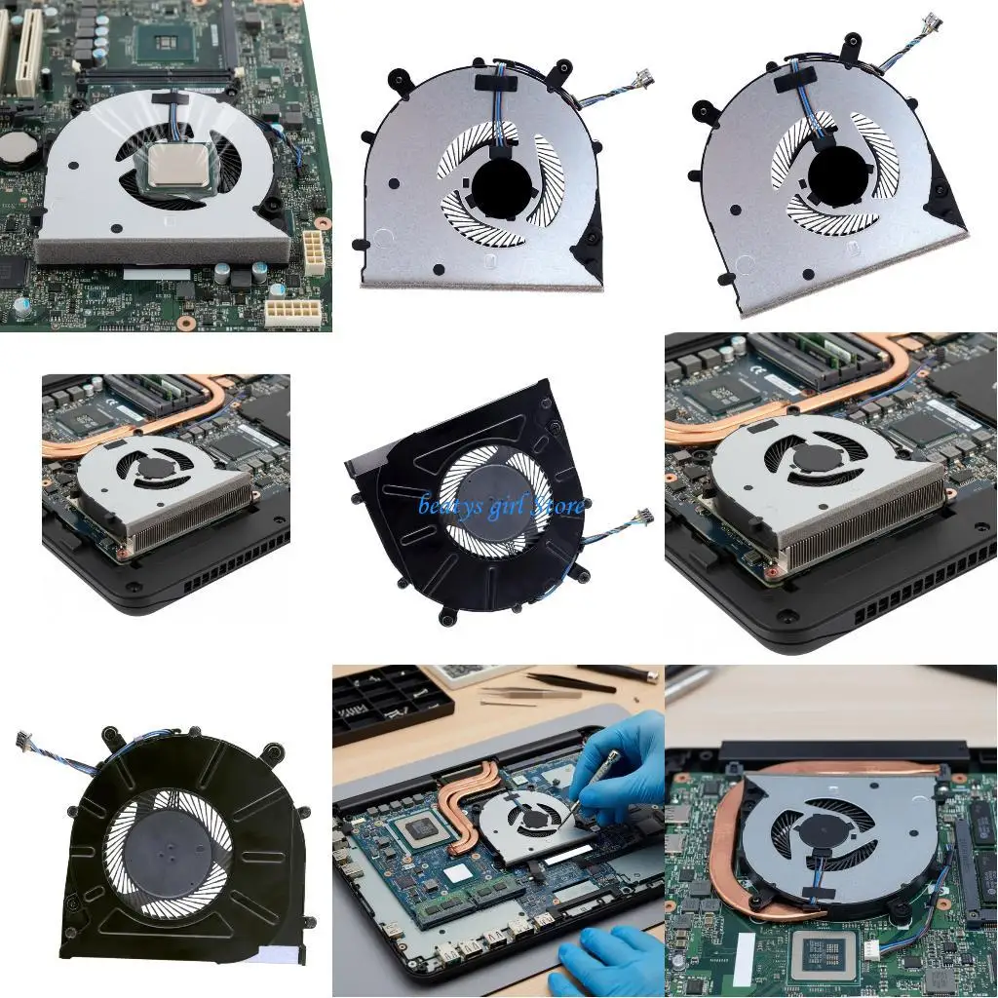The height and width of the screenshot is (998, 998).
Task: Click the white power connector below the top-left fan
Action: (x=314, y=251)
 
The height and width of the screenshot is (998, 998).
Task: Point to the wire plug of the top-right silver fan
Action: (x=931, y=22)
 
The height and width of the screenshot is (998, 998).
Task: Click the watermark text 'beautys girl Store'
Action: (x=502, y=505)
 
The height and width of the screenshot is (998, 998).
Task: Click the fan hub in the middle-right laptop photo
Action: (x=815, y=456)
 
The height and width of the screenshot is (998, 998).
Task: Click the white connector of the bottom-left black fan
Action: (x=24, y=743)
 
